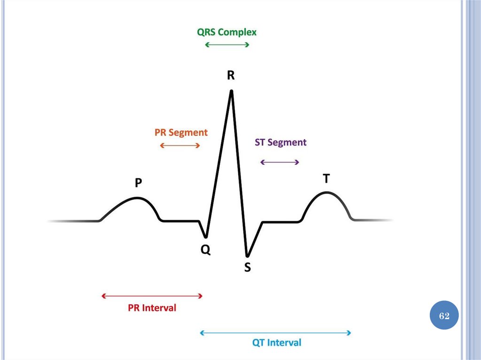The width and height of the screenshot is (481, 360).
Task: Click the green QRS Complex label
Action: coord(227,32)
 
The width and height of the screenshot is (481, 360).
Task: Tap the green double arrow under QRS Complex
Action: coord(227,45)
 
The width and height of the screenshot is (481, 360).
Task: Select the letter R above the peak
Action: coord(231,75)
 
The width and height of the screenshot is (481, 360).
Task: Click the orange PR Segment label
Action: coord(181,132)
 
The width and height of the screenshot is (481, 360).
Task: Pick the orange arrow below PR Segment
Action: coord(180,146)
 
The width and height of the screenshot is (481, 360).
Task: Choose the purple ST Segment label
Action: coord(280,142)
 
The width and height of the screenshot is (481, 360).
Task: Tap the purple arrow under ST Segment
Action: coord(279,162)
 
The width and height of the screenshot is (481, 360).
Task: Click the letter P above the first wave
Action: coord(138,183)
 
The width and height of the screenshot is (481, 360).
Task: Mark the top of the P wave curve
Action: coord(137,198)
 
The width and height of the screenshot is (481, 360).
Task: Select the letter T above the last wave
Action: coord(326,179)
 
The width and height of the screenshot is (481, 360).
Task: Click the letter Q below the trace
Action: coord(206,250)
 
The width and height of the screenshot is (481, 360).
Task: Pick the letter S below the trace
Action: coord(248,268)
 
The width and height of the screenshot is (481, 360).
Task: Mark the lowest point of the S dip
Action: coord(247,255)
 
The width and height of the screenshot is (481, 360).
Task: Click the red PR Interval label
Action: coord(152,308)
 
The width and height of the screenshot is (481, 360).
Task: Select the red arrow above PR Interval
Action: coord(152,296)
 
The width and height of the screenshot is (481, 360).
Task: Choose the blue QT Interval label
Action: coord(277,343)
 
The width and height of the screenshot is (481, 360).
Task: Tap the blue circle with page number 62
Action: coord(444,316)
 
